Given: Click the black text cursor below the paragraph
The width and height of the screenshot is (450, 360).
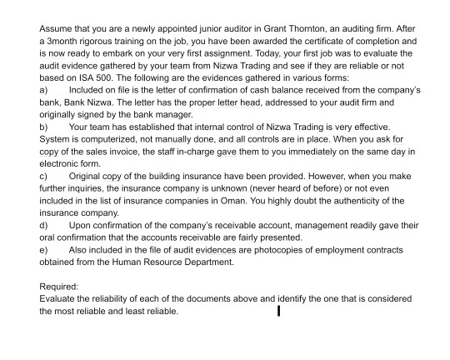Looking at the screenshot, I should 278,312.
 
